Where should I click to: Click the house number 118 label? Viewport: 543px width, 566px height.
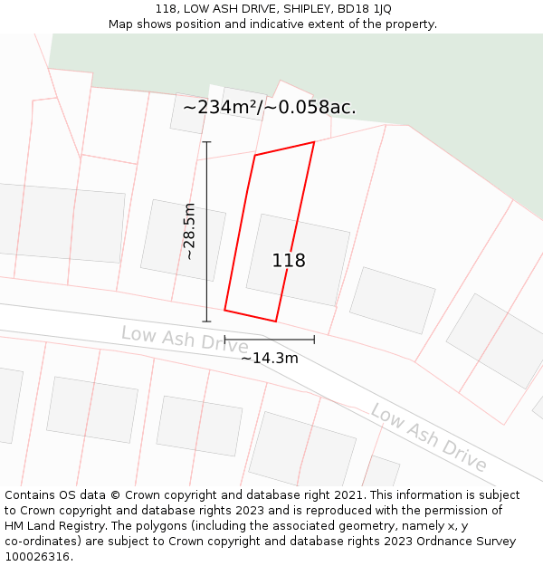(289, 261)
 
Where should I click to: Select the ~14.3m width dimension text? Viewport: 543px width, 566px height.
(269, 359)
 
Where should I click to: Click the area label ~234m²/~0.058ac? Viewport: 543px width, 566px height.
(269, 108)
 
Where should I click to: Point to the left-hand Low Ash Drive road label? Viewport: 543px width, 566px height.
(185, 339)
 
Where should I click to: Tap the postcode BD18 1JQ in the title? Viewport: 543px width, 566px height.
(366, 9)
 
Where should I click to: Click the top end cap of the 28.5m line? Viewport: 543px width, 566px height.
(206, 142)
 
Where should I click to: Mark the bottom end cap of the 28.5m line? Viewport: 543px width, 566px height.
(206, 321)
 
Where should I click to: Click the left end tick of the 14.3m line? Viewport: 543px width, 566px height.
(224, 341)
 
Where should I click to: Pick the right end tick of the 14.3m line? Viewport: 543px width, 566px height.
(314, 341)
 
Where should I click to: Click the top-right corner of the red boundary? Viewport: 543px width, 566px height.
(314, 142)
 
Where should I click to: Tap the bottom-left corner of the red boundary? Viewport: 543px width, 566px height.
(224, 311)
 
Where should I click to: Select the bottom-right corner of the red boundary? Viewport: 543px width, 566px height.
(276, 321)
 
